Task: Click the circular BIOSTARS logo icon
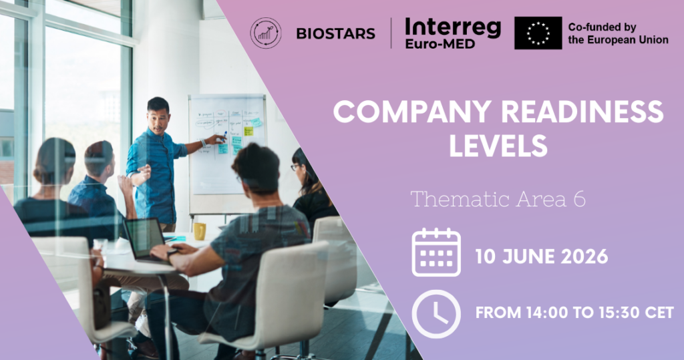(x=266, y=33)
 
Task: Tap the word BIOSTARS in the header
(x=335, y=33)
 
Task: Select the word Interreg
(x=453, y=28)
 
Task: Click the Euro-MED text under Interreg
(x=440, y=43)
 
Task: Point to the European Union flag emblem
(x=538, y=33)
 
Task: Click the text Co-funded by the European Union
(x=618, y=33)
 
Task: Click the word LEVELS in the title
(x=498, y=146)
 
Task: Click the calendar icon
(x=436, y=252)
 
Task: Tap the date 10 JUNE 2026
(x=541, y=256)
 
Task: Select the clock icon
(x=436, y=314)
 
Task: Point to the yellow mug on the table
(x=199, y=231)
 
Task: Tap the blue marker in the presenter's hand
(x=224, y=136)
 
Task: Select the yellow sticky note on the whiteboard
(x=248, y=131)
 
